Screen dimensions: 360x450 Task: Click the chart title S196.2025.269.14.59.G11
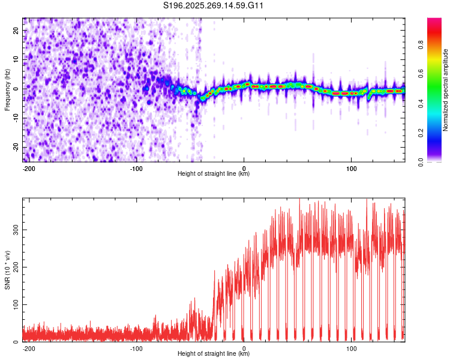[x=214, y=6]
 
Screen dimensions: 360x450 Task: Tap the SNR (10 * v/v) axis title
[x=8, y=270]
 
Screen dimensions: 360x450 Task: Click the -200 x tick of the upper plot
[x=28, y=167]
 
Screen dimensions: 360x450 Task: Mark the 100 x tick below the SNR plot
[x=352, y=347]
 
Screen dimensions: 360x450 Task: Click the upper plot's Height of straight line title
[x=214, y=174]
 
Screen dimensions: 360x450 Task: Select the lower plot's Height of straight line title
[x=214, y=354]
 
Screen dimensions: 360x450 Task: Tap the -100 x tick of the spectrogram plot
[x=136, y=167]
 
